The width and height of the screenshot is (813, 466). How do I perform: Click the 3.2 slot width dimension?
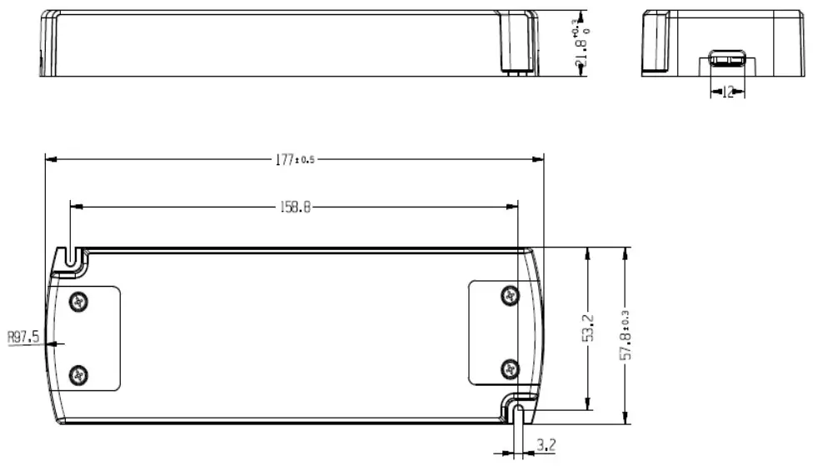tap(546, 445)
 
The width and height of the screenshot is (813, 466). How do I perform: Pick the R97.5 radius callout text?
tap(23, 338)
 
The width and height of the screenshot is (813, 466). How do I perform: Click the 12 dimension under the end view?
tap(728, 93)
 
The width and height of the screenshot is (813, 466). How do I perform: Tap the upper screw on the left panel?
tap(79, 302)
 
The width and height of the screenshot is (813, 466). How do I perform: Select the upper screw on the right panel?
tap(511, 295)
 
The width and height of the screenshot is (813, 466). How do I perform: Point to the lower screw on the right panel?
tap(511, 368)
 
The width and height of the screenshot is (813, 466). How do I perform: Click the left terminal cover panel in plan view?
tap(98, 338)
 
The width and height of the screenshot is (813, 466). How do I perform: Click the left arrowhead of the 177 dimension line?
tap(48, 160)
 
